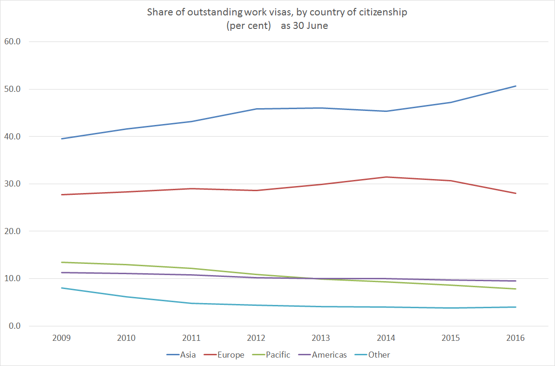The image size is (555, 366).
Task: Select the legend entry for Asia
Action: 181,355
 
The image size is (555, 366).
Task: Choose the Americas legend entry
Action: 323,355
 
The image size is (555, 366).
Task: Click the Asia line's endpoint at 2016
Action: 516,86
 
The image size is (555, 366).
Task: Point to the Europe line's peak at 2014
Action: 386,177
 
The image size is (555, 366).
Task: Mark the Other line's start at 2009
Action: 62,288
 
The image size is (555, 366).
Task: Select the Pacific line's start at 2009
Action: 62,262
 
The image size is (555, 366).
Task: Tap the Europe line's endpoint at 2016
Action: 516,193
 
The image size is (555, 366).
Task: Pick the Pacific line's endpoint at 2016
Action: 516,289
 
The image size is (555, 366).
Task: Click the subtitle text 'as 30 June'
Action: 305,26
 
